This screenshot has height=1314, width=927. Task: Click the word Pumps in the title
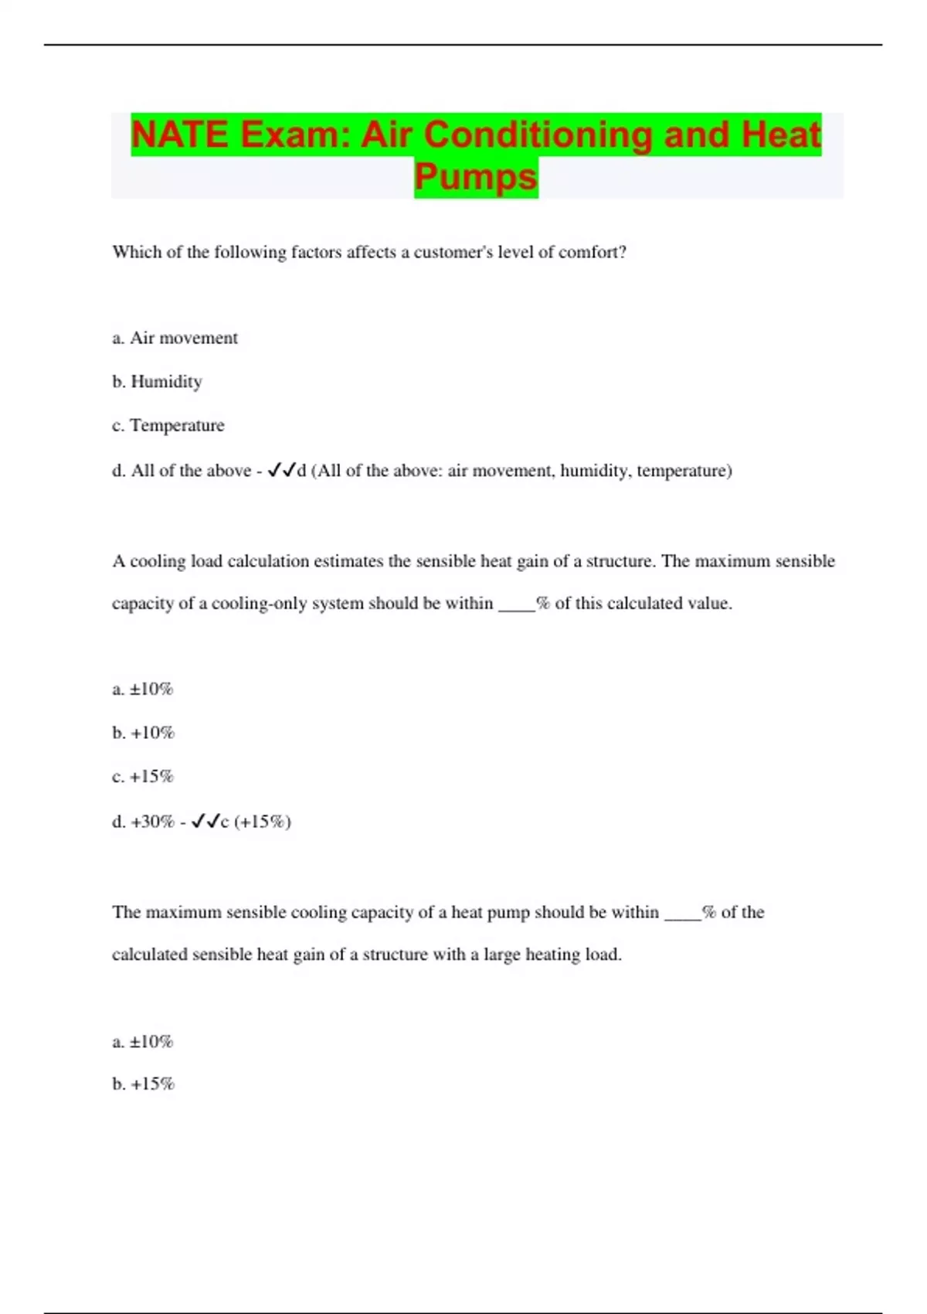(476, 176)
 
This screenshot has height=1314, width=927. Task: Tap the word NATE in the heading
(179, 134)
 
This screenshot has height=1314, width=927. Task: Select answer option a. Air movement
(175, 338)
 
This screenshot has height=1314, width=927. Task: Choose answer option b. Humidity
(157, 381)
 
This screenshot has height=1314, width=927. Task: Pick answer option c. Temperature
(168, 425)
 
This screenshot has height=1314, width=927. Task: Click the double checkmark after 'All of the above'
(281, 470)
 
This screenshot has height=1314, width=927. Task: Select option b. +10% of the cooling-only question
(143, 732)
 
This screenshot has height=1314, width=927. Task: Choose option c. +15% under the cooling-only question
(143, 776)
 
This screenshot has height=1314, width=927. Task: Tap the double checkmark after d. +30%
(205, 821)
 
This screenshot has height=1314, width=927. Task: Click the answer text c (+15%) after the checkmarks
(256, 821)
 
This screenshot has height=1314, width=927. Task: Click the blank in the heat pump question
(682, 914)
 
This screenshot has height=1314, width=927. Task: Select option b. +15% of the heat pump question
(143, 1084)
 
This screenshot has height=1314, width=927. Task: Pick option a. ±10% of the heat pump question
(143, 1041)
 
